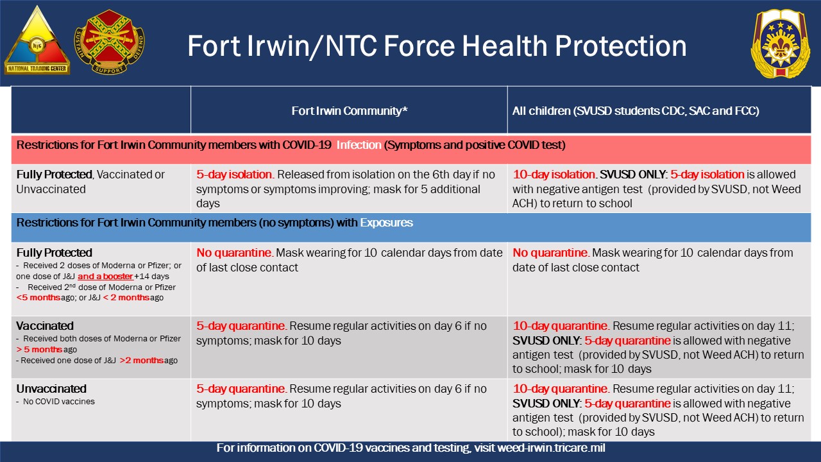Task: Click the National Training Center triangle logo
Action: coord(37,42)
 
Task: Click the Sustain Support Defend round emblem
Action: coord(109,42)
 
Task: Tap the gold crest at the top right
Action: coord(780,44)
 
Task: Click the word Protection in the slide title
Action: coord(620,46)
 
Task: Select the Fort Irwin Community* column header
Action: coord(350,111)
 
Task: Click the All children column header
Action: coord(635,111)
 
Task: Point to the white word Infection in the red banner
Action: coord(359,145)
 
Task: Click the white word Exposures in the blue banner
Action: coord(386,223)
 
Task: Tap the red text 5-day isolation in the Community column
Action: coord(235,175)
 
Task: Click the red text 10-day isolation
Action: coord(554,175)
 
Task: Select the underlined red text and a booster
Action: coord(105,277)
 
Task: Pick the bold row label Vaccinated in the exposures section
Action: coord(45,326)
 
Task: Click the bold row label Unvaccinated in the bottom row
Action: coord(51,389)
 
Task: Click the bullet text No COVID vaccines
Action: coord(59,402)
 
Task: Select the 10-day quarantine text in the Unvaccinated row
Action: coord(560,389)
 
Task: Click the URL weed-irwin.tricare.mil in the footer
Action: coord(539,448)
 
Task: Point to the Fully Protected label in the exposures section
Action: coord(55,253)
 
